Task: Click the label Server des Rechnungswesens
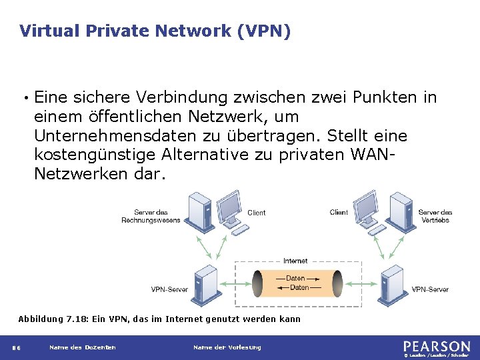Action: (x=151, y=217)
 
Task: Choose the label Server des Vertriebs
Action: (x=435, y=216)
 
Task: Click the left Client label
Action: (x=256, y=213)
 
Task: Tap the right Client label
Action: (x=339, y=213)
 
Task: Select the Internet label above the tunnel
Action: (x=295, y=261)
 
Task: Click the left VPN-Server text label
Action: (x=169, y=289)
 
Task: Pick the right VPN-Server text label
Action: (x=430, y=289)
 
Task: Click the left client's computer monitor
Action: (x=231, y=204)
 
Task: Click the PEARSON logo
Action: (x=436, y=347)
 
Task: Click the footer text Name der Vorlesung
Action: (x=227, y=347)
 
